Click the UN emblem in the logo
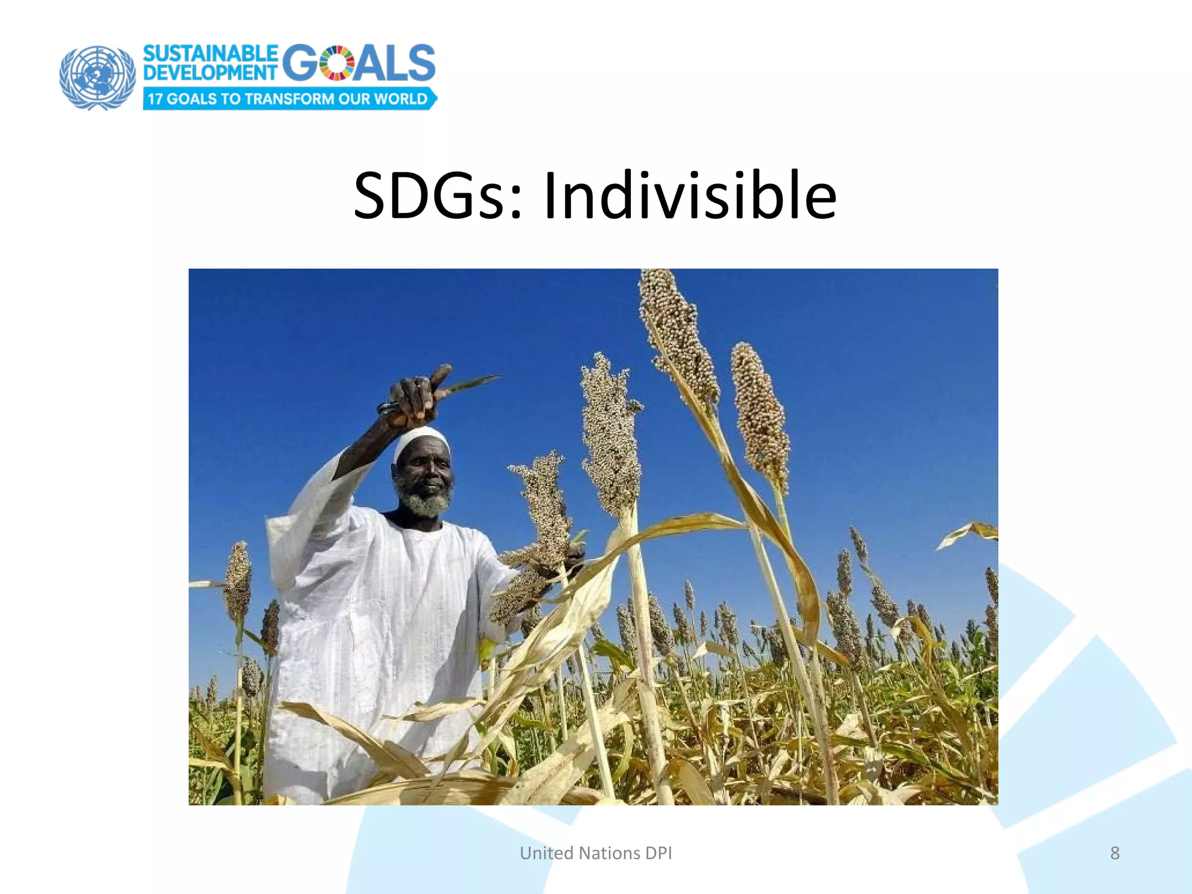97,77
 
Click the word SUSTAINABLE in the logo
210,54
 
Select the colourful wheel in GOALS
337,63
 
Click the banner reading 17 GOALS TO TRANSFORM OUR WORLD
288,98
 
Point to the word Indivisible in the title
690,196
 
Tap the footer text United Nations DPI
595,853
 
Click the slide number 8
1115,853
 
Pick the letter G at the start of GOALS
300,63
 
